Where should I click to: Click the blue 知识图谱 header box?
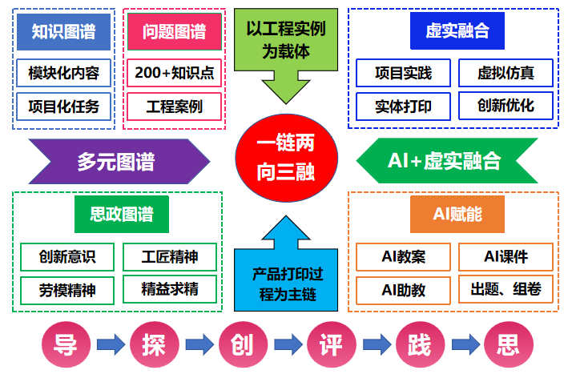pyautogui.click(x=63, y=31)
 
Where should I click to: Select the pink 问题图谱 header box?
pyautogui.click(x=174, y=31)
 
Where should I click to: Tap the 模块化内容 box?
pyautogui.click(x=63, y=73)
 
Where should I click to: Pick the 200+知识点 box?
pyautogui.click(x=174, y=73)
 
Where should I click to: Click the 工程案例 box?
pyautogui.click(x=174, y=106)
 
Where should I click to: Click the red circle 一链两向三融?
pyautogui.click(x=285, y=159)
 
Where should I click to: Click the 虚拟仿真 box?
pyautogui.click(x=506, y=73)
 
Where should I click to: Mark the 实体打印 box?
pyautogui.click(x=403, y=106)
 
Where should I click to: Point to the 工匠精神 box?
pyautogui.click(x=169, y=257)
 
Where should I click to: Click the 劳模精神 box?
pyautogui.click(x=67, y=289)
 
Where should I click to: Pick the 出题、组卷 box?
pyautogui.click(x=506, y=289)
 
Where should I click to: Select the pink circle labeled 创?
pyautogui.click(x=241, y=345)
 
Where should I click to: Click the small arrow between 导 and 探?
pyautogui.click(x=109, y=345)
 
